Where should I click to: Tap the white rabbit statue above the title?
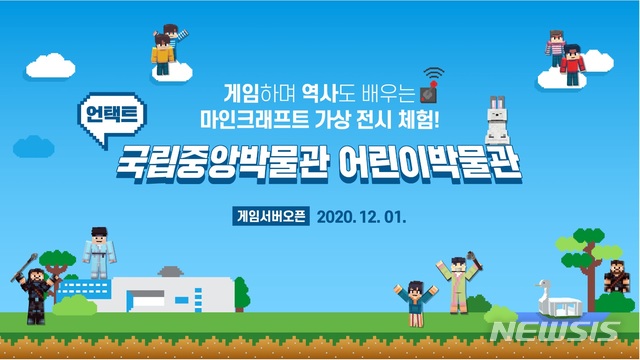pyautogui.click(x=494, y=122)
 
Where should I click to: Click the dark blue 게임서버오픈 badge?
pyautogui.click(x=269, y=215)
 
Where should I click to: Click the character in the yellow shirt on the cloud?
pyautogui.click(x=163, y=55)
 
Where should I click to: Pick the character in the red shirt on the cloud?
pyautogui.click(x=571, y=62)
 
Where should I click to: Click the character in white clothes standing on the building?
pyautogui.click(x=98, y=252)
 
